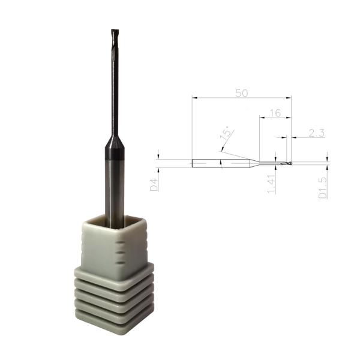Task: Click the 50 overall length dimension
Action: coord(241,93)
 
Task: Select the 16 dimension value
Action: coord(275,113)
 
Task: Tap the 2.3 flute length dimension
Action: coord(316,133)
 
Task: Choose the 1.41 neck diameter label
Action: coord(271,184)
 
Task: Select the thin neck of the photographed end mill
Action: coord(114,90)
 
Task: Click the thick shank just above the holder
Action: coord(114,192)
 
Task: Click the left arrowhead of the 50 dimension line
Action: coord(194,98)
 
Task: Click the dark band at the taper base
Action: coord(114,155)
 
